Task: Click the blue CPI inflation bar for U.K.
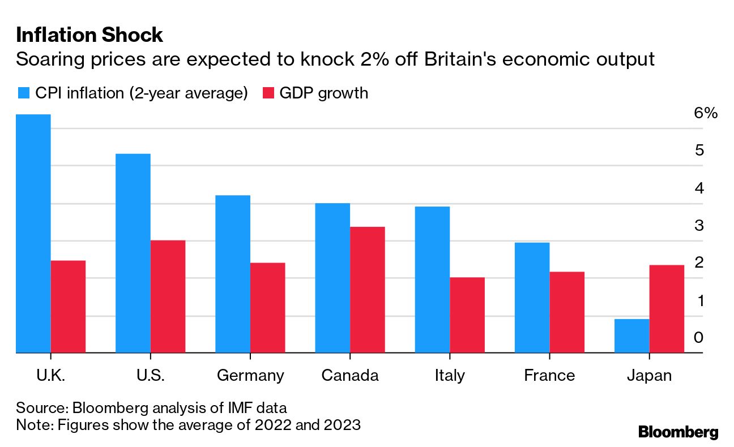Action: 33,233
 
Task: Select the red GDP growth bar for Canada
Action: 367,290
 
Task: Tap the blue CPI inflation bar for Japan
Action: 631,336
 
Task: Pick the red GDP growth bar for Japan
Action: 667,309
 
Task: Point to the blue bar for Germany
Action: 233,274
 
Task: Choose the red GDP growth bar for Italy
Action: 467,315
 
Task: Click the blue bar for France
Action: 532,298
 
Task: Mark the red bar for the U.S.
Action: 168,296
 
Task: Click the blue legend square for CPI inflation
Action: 24,93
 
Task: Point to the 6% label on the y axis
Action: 705,113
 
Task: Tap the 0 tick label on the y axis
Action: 698,338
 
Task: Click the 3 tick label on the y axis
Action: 698,225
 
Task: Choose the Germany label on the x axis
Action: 250,376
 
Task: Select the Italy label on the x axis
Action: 450,376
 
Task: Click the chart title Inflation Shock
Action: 89,35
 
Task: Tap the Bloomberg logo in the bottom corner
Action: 678,432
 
